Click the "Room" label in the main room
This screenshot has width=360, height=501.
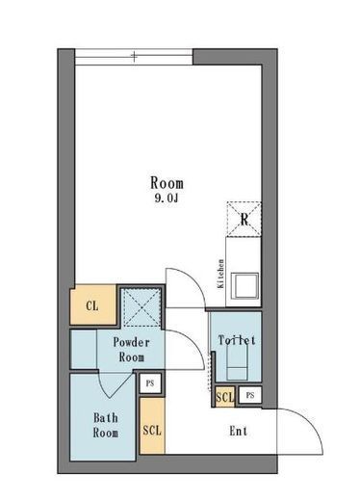coord(167,183)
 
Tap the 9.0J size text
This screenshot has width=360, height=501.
coord(167,198)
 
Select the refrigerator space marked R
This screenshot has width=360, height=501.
coord(244,219)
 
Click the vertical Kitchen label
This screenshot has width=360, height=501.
coord(220,274)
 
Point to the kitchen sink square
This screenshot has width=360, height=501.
coord(244,285)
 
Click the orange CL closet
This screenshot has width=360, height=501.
coord(93,305)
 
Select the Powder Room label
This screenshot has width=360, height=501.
coord(131,350)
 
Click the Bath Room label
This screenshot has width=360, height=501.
coord(106,425)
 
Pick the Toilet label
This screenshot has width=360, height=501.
coord(237,340)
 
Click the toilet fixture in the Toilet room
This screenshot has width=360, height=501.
coord(237,363)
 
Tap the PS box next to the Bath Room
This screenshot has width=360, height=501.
coord(150,383)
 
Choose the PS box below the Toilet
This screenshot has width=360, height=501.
coord(250,395)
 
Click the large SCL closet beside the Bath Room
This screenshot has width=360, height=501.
coord(152,426)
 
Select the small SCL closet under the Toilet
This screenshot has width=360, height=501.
coord(224,397)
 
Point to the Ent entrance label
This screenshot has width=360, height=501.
coord(239,431)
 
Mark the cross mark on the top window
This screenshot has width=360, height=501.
coord(134,57)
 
